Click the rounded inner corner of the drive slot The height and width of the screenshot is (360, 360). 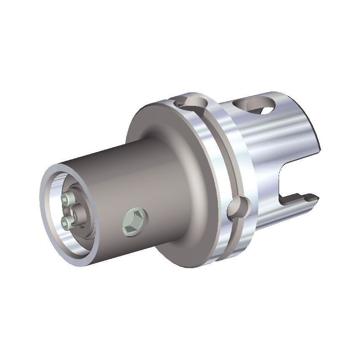click(x=282, y=185)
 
